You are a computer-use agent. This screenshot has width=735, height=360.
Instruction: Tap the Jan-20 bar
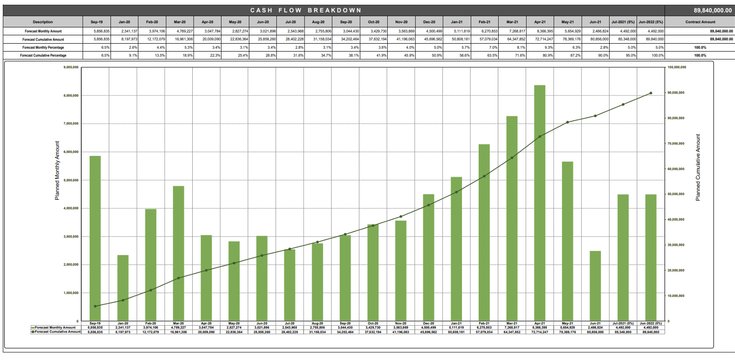(x=123, y=288)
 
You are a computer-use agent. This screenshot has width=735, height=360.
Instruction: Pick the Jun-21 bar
(x=595, y=286)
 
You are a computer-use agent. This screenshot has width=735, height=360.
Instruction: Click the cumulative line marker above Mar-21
(x=512, y=158)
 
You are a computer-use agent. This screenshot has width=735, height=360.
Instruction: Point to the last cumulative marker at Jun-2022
(x=651, y=93)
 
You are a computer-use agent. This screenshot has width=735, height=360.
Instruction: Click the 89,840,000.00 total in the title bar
(x=700, y=10)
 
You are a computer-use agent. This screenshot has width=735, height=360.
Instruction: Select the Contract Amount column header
(x=700, y=22)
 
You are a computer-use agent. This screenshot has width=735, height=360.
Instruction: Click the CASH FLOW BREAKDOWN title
(x=306, y=10)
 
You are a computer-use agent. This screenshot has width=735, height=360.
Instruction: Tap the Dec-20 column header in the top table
(x=429, y=22)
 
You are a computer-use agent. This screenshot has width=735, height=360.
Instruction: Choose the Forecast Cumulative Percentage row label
(x=43, y=55)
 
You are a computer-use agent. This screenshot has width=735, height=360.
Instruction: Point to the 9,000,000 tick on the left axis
(x=71, y=67)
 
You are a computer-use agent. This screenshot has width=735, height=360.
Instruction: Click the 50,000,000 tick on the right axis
(x=676, y=194)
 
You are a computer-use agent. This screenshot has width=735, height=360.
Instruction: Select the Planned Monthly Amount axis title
(x=57, y=170)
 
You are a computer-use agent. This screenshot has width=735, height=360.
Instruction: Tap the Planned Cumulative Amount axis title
(x=698, y=167)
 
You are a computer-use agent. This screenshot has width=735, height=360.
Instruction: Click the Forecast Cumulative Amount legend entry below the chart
(x=57, y=332)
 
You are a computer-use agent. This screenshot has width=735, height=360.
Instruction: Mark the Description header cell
(x=43, y=22)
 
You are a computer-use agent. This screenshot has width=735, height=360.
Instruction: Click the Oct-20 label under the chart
(x=373, y=323)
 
